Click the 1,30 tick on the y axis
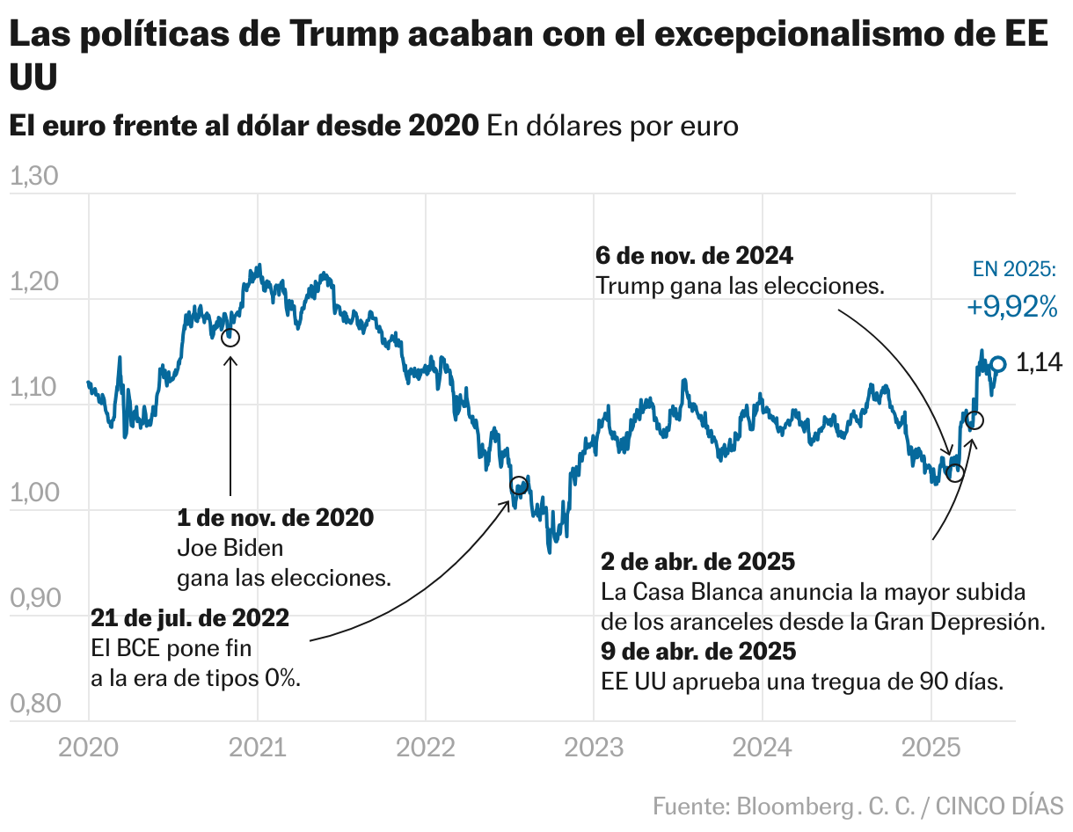click(x=33, y=178)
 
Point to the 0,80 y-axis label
click(x=33, y=704)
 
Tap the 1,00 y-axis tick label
click(x=33, y=493)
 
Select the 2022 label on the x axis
click(x=426, y=748)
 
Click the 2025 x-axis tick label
click(x=931, y=748)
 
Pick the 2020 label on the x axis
click(x=88, y=748)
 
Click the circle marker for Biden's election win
click(x=230, y=338)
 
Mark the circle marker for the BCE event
click(x=519, y=485)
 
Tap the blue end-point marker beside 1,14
click(x=998, y=363)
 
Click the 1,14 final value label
click(x=1039, y=362)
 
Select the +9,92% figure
click(x=1011, y=307)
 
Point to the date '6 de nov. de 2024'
click(x=695, y=257)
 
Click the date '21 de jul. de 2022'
click(x=190, y=619)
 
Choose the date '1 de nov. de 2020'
click(x=275, y=517)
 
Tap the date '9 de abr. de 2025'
click(x=698, y=652)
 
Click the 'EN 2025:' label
click(x=1014, y=269)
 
